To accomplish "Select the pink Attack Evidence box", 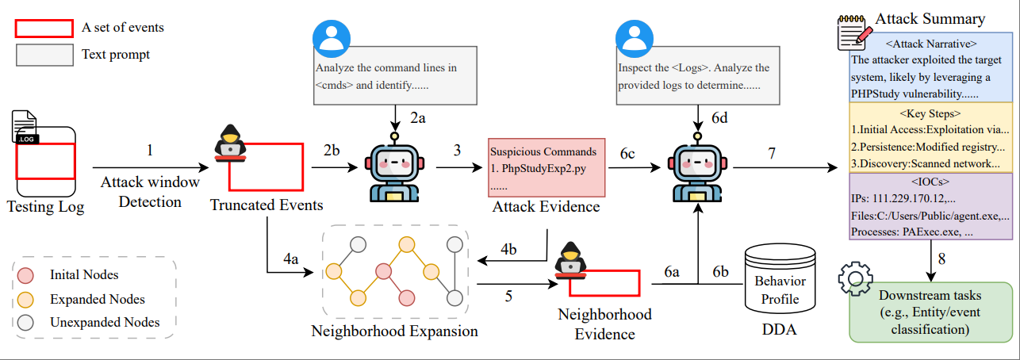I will coord(546,168).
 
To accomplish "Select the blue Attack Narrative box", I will coord(930,67).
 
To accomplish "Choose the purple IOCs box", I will coord(930,206).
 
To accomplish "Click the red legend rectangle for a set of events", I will coord(44,28).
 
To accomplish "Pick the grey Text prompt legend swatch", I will coord(44,55).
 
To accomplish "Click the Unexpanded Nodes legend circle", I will coord(26,322).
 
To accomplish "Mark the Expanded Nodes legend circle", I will coord(26,300).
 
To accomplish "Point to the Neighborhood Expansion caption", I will coord(395,331).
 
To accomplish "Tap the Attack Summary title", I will coord(930,19).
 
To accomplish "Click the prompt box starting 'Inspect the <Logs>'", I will coord(695,76).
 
